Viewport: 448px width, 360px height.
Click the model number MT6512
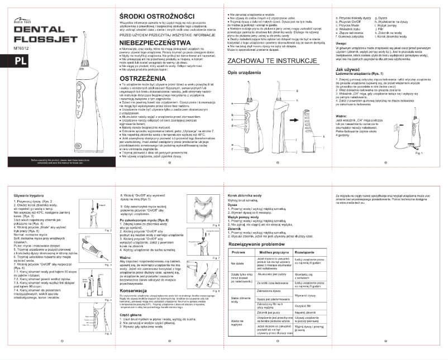coord(19,49)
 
